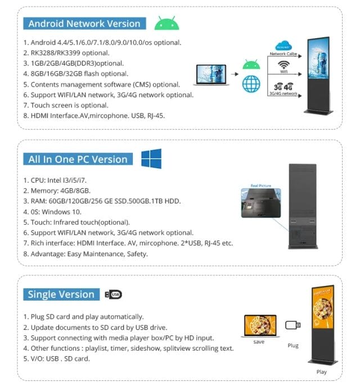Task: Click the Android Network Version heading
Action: tap(84, 24)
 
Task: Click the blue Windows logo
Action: tap(151, 158)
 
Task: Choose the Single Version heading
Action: tap(61, 294)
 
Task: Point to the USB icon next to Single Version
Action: tap(113, 294)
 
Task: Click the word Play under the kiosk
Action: tap(321, 372)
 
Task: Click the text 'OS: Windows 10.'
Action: tap(52, 212)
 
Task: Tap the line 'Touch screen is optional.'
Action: tap(66, 105)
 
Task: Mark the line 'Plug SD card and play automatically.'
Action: tap(83, 316)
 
